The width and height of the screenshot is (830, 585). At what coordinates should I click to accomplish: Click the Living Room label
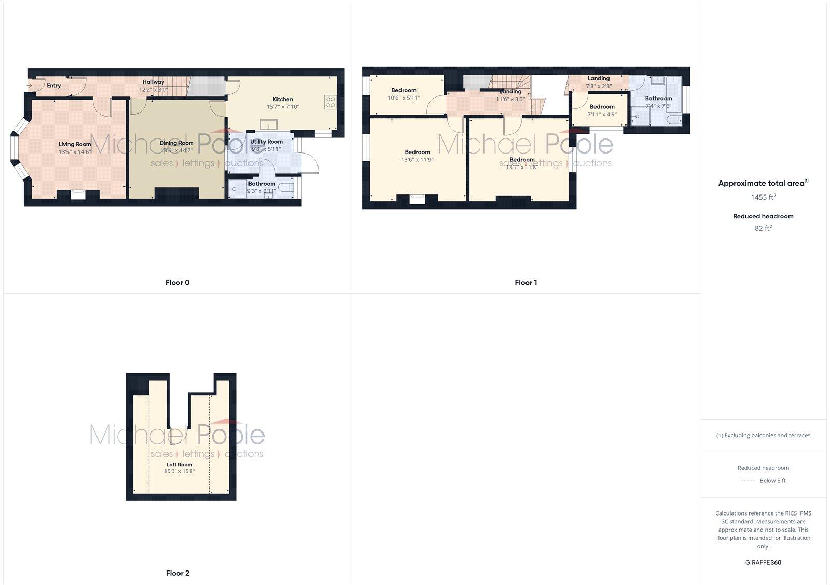pos(75,144)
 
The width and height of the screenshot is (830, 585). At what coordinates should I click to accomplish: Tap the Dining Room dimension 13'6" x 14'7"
pos(176,150)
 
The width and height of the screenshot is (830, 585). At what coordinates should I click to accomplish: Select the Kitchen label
pos(283,99)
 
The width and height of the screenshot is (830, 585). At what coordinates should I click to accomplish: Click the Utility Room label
pos(266,142)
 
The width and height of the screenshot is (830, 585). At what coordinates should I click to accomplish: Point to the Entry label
pos(54,86)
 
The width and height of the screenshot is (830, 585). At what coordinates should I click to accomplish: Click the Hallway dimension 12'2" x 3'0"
pos(153,90)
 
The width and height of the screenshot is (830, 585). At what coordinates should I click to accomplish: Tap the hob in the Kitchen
pos(330,102)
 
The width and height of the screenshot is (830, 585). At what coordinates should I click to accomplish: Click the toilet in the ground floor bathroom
pos(287,187)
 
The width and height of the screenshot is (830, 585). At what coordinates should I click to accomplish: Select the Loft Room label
pos(179,465)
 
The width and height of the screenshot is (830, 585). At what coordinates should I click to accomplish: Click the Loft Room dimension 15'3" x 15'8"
pos(179,471)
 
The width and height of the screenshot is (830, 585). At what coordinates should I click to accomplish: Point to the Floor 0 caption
pos(177,283)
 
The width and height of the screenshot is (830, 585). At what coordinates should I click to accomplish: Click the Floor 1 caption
pos(526,283)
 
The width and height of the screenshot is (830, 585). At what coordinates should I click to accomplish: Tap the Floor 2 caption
pos(177,573)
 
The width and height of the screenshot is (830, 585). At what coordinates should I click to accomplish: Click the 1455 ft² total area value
pos(763,197)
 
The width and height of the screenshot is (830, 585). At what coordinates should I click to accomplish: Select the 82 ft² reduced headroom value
pos(763,228)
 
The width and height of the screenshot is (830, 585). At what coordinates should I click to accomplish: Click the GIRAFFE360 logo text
pos(763,562)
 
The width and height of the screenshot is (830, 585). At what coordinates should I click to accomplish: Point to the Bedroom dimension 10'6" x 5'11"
pos(404,97)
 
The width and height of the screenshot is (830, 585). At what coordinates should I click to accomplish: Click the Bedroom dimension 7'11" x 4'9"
pos(602,114)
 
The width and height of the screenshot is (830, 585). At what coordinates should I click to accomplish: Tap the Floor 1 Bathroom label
pos(658,98)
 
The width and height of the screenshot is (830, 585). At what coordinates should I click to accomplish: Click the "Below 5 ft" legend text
pos(772,481)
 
